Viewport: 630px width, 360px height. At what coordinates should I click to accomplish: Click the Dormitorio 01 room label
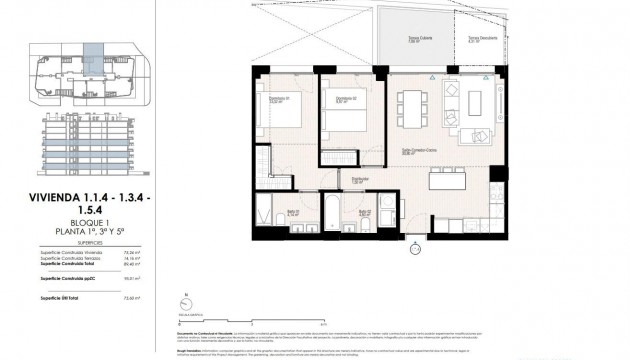click(x=278, y=97)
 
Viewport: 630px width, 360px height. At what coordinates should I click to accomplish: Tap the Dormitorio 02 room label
click(x=345, y=97)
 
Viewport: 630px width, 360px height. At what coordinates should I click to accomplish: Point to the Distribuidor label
click(x=356, y=181)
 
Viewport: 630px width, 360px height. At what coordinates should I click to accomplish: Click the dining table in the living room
click(x=411, y=105)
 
